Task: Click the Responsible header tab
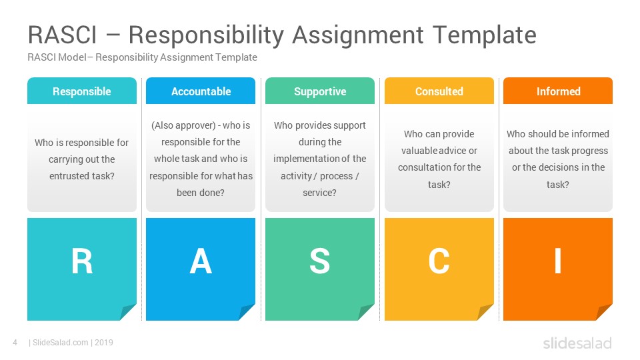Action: (x=82, y=91)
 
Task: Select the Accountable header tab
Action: (x=201, y=91)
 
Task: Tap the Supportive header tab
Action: (x=320, y=91)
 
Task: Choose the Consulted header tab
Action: (x=439, y=91)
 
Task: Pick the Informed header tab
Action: (x=558, y=91)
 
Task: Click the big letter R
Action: (x=82, y=261)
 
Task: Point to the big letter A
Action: (x=201, y=261)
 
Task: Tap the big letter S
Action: (x=319, y=261)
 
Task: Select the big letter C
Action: (x=439, y=261)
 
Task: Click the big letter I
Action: (x=558, y=261)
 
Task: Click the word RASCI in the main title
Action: (x=63, y=35)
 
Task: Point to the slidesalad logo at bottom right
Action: (x=577, y=343)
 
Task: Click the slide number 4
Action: (x=15, y=343)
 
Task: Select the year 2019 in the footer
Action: (x=104, y=343)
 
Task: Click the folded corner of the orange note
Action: (x=604, y=312)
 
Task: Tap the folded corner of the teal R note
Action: (x=128, y=312)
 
